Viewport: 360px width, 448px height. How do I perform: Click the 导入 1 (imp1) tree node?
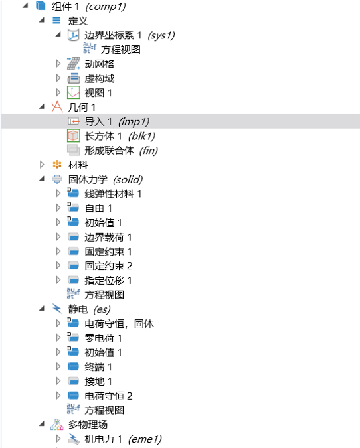pyautogui.click(x=117, y=121)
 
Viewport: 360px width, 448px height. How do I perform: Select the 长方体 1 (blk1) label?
pyautogui.click(x=120, y=136)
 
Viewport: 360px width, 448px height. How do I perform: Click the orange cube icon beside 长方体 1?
pyautogui.click(x=74, y=136)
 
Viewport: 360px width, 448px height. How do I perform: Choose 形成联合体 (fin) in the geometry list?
pyautogui.click(x=121, y=151)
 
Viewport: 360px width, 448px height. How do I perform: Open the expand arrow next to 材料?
pyautogui.click(x=42, y=165)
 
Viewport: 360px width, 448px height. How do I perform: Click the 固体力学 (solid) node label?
pyautogui.click(x=105, y=179)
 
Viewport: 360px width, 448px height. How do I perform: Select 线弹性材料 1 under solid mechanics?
pyautogui.click(x=113, y=194)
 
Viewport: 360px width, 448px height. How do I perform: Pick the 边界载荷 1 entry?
pyautogui.click(x=108, y=237)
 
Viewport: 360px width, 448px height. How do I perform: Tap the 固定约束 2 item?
pyautogui.click(x=108, y=266)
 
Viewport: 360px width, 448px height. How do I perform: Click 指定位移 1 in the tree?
pyautogui.click(x=108, y=281)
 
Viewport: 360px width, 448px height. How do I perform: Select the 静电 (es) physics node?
pyautogui.click(x=89, y=309)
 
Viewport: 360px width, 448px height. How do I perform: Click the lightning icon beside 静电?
pyautogui.click(x=57, y=309)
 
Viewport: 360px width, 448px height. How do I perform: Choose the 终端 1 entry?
pyautogui.click(x=98, y=367)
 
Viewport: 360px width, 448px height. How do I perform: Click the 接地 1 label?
pyautogui.click(x=98, y=382)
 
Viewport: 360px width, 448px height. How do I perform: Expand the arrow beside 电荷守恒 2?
pyautogui.click(x=58, y=396)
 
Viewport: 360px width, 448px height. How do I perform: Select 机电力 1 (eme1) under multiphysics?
pyautogui.click(x=123, y=439)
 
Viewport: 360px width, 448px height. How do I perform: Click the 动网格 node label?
pyautogui.click(x=99, y=64)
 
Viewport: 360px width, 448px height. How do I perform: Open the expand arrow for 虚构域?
pyautogui.click(x=58, y=78)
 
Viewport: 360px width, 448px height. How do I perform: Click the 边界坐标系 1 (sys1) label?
pyautogui.click(x=130, y=35)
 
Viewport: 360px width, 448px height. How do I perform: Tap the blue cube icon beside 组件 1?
pyautogui.click(x=41, y=6)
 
